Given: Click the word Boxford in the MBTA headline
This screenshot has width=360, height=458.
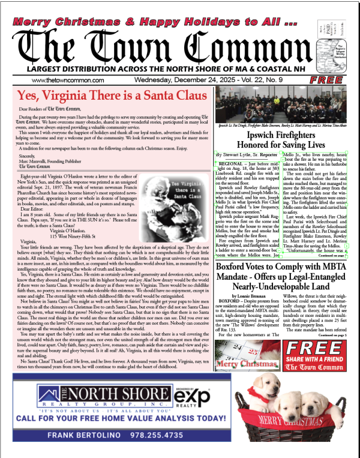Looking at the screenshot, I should click(x=238, y=266).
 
